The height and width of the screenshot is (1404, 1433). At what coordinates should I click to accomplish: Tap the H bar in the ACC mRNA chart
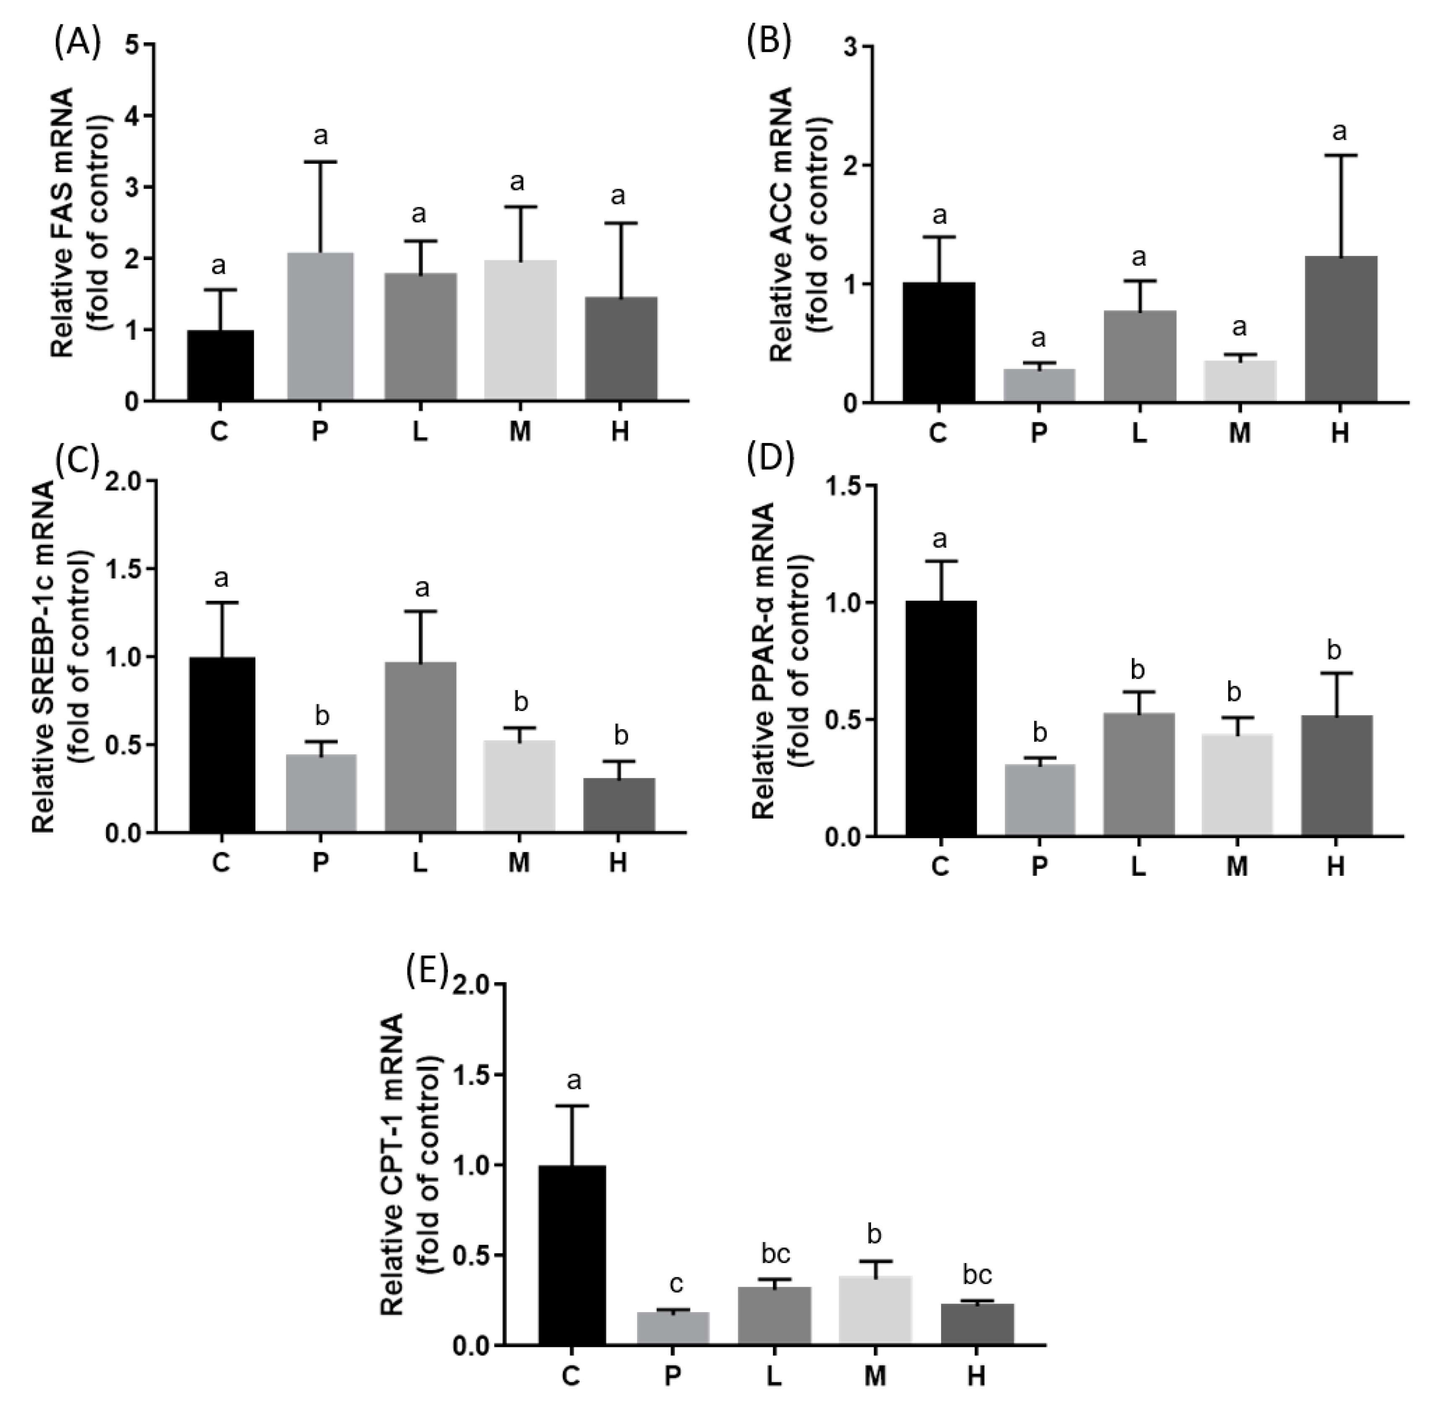tap(1340, 330)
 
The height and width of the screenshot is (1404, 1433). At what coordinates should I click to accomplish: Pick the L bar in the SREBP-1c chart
tap(419, 747)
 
